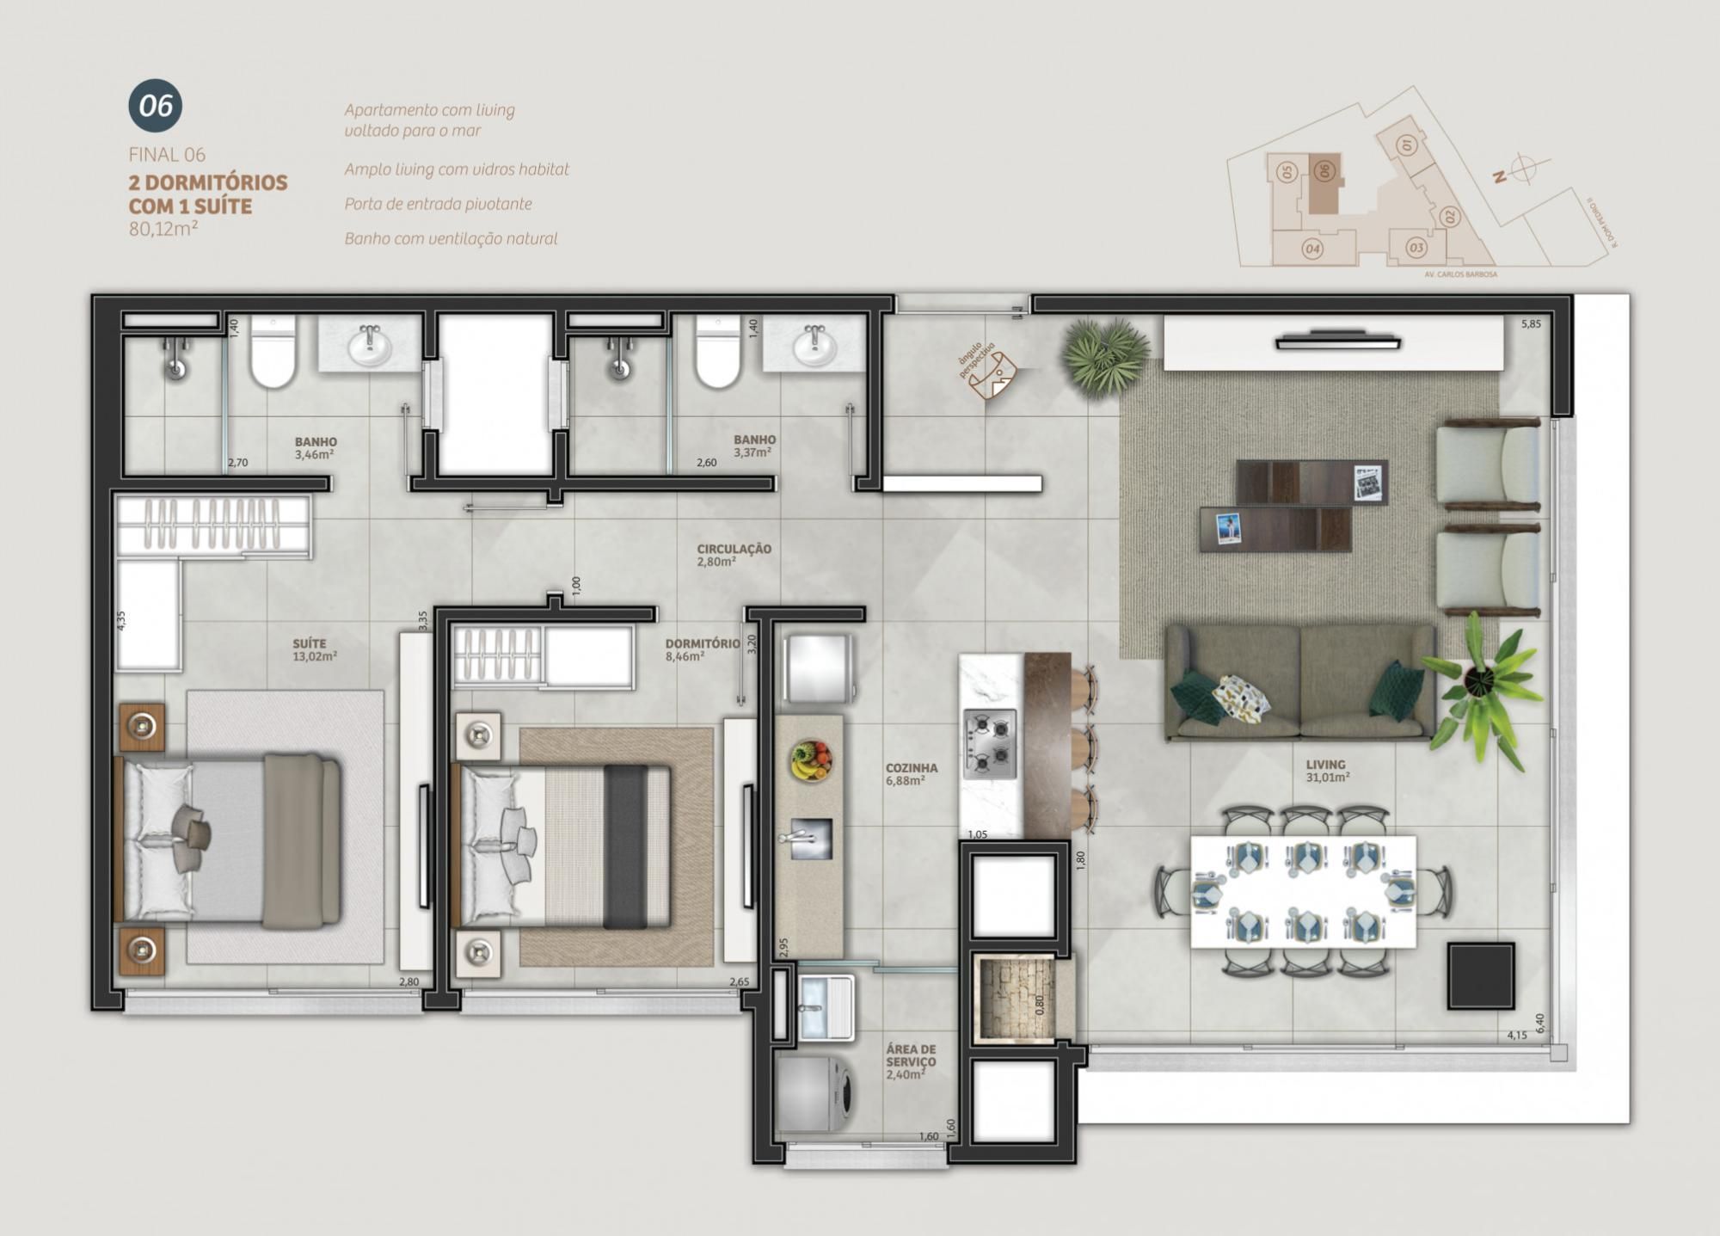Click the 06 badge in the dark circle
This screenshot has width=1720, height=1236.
pyautogui.click(x=156, y=106)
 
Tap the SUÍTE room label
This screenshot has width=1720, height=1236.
pyautogui.click(x=310, y=643)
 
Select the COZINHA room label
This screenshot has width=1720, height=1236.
pyautogui.click(x=912, y=768)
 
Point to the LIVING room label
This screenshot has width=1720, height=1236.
pyautogui.click(x=1325, y=764)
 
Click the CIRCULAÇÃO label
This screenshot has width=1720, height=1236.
pyautogui.click(x=734, y=549)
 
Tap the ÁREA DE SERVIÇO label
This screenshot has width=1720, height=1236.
pyautogui.click(x=911, y=1055)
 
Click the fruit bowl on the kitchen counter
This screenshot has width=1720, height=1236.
pyautogui.click(x=811, y=760)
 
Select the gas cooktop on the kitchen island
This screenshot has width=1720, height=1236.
pyautogui.click(x=989, y=744)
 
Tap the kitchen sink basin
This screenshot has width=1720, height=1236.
pyautogui.click(x=811, y=838)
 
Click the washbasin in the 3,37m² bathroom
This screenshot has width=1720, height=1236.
pyautogui.click(x=813, y=347)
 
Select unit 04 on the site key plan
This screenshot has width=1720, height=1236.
pyautogui.click(x=1312, y=249)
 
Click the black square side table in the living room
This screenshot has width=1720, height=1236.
pyautogui.click(x=1480, y=975)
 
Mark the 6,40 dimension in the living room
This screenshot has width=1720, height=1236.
pyautogui.click(x=1539, y=1024)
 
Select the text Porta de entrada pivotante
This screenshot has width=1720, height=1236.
pyautogui.click(x=438, y=204)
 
